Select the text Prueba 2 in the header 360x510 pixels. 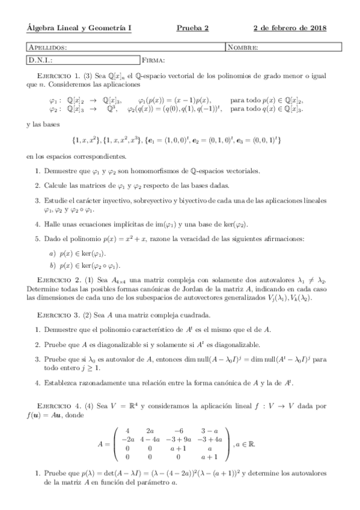(193, 28)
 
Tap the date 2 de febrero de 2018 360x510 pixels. (290, 28)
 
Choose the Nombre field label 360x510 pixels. (243, 47)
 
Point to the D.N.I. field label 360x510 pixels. (41, 60)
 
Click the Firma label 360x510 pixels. (154, 60)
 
